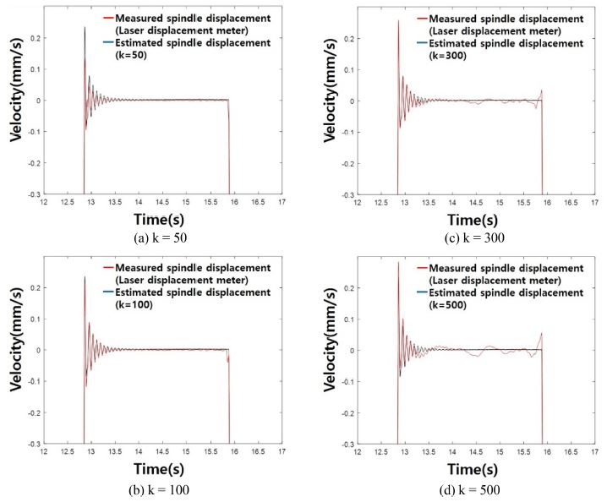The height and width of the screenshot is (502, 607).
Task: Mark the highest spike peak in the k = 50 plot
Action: click(x=85, y=28)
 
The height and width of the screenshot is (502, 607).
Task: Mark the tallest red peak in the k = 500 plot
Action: click(x=398, y=263)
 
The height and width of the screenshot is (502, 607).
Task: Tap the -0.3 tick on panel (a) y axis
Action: click(x=32, y=194)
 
